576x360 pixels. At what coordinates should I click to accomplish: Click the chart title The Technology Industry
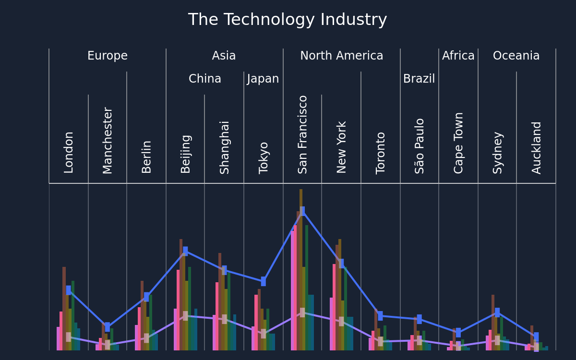(288, 20)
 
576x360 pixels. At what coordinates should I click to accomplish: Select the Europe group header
(108, 56)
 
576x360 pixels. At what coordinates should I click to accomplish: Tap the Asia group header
(224, 56)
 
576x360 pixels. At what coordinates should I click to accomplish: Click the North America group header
(341, 56)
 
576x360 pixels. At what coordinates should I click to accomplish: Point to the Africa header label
(458, 56)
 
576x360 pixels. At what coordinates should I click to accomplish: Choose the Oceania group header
(516, 56)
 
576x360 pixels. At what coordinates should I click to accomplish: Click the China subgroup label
(204, 78)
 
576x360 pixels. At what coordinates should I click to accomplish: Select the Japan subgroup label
(263, 79)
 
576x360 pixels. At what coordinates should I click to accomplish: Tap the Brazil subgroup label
(419, 78)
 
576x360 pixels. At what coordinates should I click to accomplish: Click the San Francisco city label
(302, 135)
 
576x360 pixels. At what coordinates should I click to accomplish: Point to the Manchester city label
(108, 140)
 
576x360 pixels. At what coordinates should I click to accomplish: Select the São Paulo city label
(419, 146)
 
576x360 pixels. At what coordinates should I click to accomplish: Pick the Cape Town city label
(458, 143)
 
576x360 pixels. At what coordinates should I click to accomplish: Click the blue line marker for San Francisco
(302, 211)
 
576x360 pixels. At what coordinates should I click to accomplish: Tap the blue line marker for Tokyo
(264, 281)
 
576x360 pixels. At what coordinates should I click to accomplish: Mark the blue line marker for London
(68, 290)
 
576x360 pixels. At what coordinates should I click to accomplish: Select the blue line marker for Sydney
(497, 312)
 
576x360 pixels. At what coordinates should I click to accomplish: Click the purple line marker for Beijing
(185, 316)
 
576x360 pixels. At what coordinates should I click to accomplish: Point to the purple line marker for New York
(341, 322)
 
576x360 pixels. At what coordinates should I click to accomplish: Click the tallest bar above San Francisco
(301, 270)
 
